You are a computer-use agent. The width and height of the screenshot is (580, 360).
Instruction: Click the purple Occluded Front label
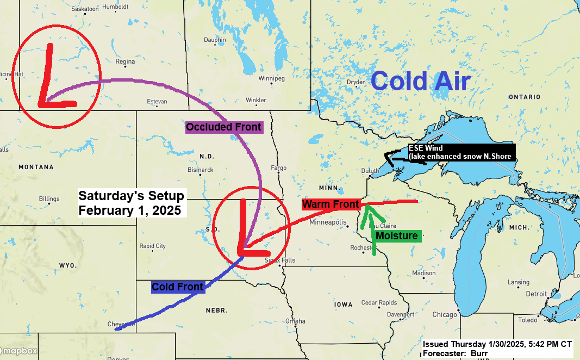click(224, 127)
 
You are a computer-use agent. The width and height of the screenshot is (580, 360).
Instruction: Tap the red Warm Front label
click(331, 204)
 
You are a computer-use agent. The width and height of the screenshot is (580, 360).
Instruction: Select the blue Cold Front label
click(178, 287)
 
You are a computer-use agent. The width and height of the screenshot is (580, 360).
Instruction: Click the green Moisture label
click(397, 235)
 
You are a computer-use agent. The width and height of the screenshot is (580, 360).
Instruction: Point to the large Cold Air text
click(420, 82)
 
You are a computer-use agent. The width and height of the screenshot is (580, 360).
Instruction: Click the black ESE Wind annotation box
click(460, 152)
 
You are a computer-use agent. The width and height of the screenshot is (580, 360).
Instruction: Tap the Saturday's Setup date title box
click(132, 202)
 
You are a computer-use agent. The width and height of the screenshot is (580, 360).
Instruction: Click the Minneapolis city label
click(328, 222)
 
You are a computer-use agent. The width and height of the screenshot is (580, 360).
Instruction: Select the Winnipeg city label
click(272, 78)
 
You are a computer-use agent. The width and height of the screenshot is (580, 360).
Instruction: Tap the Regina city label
click(125, 61)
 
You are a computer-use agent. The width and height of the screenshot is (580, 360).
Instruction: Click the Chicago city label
click(445, 315)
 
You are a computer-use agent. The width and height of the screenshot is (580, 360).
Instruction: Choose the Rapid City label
click(153, 246)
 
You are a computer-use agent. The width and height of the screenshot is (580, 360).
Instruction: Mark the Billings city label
click(49, 199)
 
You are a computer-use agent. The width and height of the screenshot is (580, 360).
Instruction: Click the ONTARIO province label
click(525, 97)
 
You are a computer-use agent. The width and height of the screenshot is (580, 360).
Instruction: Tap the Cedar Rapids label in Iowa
click(379, 302)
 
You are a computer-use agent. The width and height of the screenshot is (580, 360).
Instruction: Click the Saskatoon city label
click(85, 9)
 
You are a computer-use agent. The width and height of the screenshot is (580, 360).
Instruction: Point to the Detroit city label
click(537, 294)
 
